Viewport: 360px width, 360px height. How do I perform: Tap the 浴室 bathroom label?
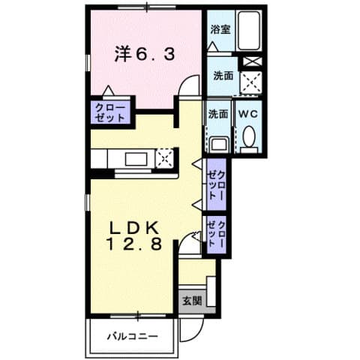click(220, 31)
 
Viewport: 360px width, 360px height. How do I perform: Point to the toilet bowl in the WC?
click(249, 136)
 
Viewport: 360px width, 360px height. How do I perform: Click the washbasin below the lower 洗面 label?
click(218, 143)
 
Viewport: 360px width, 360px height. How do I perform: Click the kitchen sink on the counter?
click(136, 158)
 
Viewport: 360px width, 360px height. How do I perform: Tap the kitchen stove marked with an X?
click(165, 157)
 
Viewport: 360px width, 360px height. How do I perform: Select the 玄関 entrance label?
click(191, 301)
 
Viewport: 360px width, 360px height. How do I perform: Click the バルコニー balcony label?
click(132, 335)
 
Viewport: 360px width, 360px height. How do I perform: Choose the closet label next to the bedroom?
click(110, 113)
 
